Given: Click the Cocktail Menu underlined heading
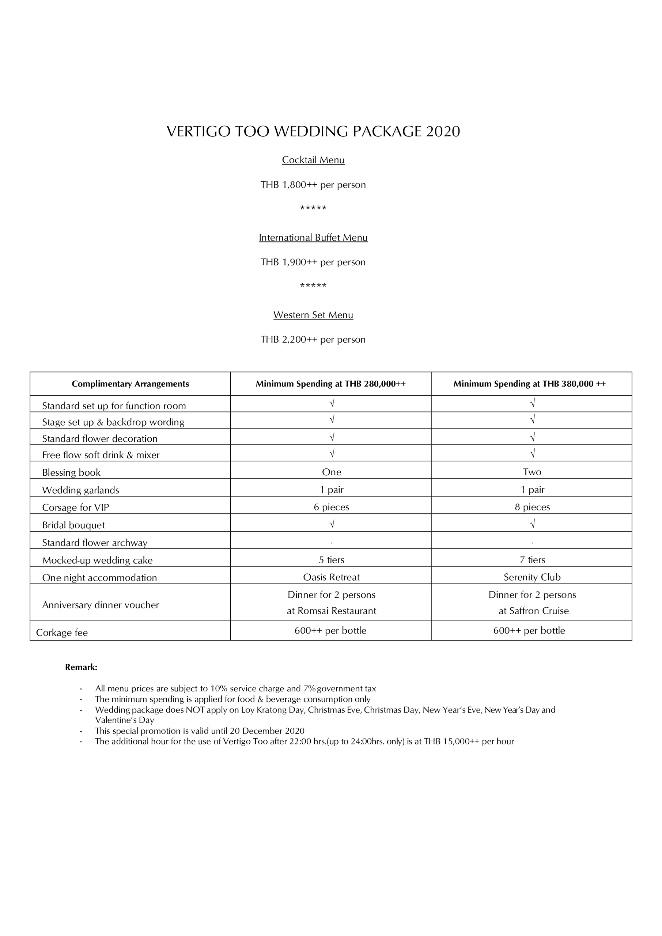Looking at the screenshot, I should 313,160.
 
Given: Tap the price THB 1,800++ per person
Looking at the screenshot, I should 313,185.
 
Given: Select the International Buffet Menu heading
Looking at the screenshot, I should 313,237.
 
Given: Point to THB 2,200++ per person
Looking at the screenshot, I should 313,339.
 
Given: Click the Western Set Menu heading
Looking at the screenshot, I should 313,315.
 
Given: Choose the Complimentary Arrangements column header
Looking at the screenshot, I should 130,384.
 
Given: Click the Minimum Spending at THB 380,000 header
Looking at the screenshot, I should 530,384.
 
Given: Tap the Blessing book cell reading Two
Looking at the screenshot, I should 532,472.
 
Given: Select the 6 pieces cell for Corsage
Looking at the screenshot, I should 332,507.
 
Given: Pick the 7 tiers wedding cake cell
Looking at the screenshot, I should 532,560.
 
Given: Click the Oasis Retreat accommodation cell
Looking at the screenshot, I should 332,577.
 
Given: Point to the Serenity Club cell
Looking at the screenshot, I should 532,577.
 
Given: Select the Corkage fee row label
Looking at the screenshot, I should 62,632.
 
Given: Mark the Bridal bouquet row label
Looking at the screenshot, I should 73,525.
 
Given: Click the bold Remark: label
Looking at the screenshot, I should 81,667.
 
